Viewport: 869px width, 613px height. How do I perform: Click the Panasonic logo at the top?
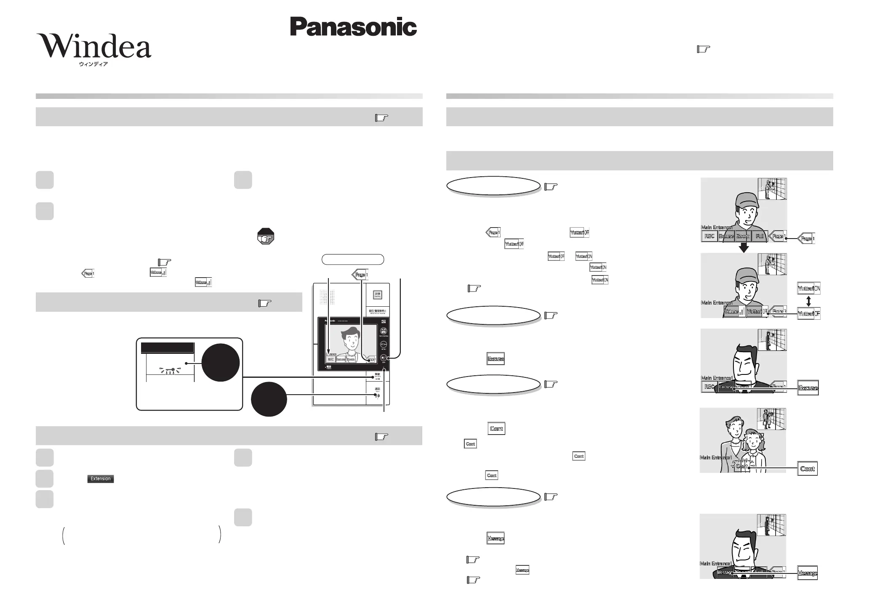pos(353,27)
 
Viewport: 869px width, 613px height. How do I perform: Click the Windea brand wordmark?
pos(94,46)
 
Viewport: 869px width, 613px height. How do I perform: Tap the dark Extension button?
pos(101,479)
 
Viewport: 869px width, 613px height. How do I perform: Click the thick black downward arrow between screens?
pos(744,247)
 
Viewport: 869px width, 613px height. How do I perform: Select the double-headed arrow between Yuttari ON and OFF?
pos(808,301)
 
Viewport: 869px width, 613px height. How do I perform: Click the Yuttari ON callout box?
pos(808,289)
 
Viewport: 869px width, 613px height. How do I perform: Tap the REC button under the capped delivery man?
pos(709,236)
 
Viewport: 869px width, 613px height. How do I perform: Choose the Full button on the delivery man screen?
pos(760,236)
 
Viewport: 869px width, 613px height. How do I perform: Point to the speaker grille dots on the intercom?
pos(327,297)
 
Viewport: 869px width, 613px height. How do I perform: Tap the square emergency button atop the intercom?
pos(378,295)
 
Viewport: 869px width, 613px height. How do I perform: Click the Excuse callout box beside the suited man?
pos(808,388)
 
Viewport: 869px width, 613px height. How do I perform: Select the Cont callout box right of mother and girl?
pos(807,469)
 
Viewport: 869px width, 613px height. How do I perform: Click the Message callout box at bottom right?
pos(807,573)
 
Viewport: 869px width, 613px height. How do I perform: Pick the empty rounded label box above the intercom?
pos(353,259)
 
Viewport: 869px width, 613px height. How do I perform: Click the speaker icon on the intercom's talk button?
pos(377,396)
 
